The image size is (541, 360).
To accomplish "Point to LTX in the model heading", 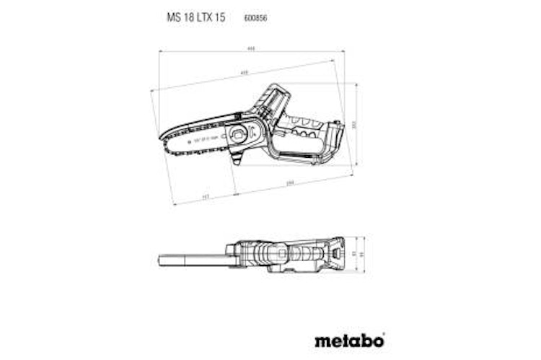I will (203, 17).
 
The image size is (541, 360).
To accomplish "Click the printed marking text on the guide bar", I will (205, 139).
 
